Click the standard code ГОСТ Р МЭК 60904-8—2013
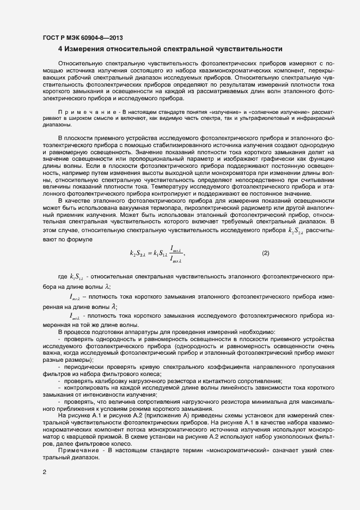[82, 38]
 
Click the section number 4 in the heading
[60, 48]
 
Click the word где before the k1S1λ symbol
[62, 277]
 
